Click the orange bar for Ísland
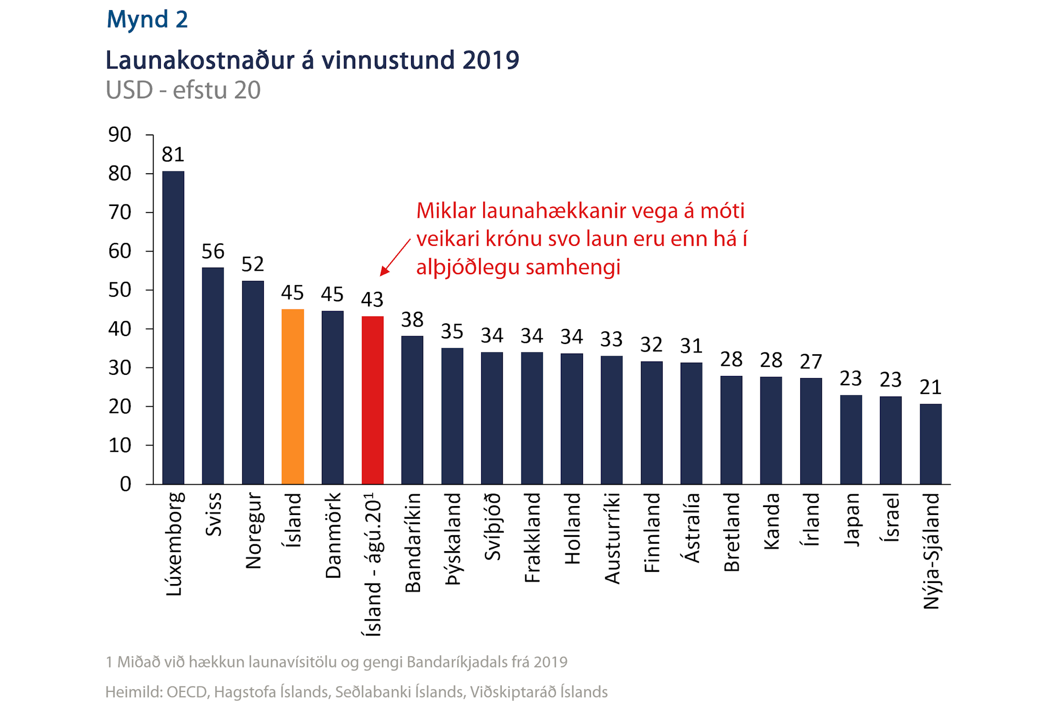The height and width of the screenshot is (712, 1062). [293, 396]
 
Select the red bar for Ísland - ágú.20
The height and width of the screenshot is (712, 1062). [372, 400]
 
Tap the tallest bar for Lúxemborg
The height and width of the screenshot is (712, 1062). [173, 327]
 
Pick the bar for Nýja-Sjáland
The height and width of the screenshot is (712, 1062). [930, 444]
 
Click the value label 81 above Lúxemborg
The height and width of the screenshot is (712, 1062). [173, 155]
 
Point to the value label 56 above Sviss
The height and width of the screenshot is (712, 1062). [213, 251]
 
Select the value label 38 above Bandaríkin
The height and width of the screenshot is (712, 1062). [412, 320]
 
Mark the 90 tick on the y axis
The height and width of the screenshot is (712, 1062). [120, 135]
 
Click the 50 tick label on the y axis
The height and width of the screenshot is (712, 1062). [120, 290]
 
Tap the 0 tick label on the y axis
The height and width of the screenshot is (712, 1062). [125, 484]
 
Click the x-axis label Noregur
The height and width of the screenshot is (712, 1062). [253, 531]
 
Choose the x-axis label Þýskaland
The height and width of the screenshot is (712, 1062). [452, 539]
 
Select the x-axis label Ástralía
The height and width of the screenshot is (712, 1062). [691, 528]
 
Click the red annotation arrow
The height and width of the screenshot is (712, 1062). [395, 258]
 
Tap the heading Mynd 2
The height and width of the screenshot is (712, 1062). [147, 20]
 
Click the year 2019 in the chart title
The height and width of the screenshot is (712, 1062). [491, 60]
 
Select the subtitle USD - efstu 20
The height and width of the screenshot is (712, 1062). [183, 90]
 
